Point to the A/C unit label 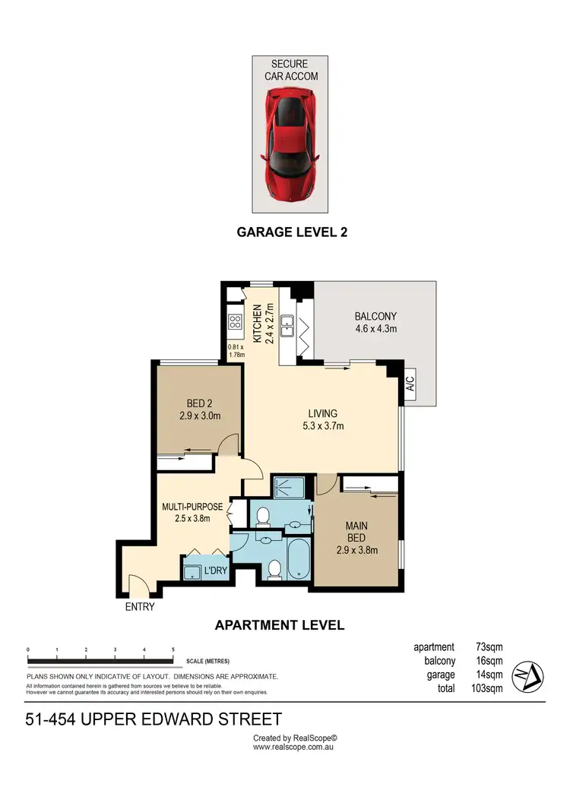tap(410, 381)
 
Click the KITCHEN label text tap(258, 324)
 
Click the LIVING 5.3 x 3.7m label tap(322, 419)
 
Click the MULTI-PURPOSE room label tap(192, 512)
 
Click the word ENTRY tap(139, 607)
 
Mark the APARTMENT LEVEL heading tap(280, 625)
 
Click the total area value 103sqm tap(487, 688)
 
